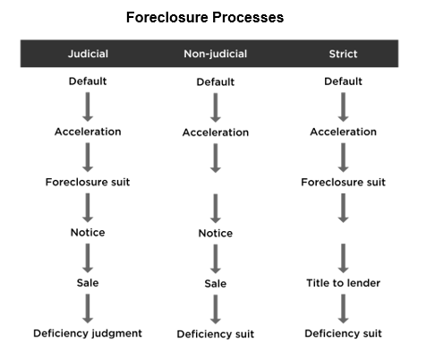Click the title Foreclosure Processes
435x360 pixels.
click(205, 17)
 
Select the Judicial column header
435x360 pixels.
click(88, 54)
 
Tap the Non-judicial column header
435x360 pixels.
click(216, 54)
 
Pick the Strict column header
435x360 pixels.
click(343, 54)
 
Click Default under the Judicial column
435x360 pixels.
click(88, 81)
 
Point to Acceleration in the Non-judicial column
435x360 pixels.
click(216, 133)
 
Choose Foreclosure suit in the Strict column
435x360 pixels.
click(343, 182)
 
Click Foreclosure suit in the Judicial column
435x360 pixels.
click(88, 182)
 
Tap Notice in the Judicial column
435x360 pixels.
click(88, 232)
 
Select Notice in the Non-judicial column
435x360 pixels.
click(216, 233)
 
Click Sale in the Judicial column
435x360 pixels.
click(88, 283)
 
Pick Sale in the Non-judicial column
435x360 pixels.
click(216, 284)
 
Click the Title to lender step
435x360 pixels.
click(343, 283)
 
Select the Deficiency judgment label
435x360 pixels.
click(88, 333)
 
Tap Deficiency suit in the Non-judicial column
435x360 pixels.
click(216, 334)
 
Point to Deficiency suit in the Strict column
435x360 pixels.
click(343, 333)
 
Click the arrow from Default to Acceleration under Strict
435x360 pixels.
click(344, 107)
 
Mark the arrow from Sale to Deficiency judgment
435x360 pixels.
click(88, 309)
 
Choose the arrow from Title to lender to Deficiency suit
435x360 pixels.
click(344, 309)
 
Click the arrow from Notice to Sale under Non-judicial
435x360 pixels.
click(216, 259)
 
